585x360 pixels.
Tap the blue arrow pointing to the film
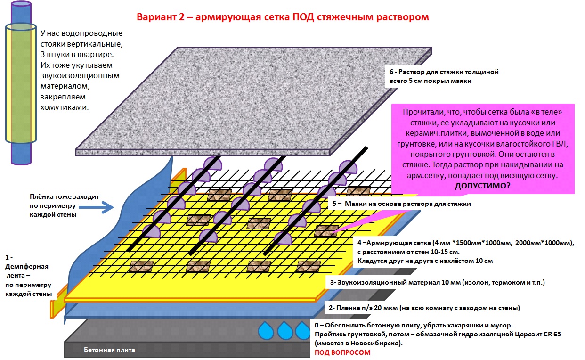coord(96,207)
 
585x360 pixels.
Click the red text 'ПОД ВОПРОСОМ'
coord(342,352)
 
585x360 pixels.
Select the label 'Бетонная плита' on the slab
coord(109,350)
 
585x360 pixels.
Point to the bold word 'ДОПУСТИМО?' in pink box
coord(482,186)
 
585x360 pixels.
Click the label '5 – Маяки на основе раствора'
coord(401,204)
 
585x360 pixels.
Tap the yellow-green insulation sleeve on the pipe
coord(21,83)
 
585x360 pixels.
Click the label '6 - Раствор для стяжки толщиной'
coord(444,72)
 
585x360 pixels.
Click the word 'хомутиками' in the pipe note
coord(64,107)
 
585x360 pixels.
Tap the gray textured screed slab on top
coord(253,102)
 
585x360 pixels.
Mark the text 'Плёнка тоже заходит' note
coord(64,196)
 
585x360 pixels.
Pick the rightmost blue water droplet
coord(303,330)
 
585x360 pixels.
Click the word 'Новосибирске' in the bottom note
coord(374,343)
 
